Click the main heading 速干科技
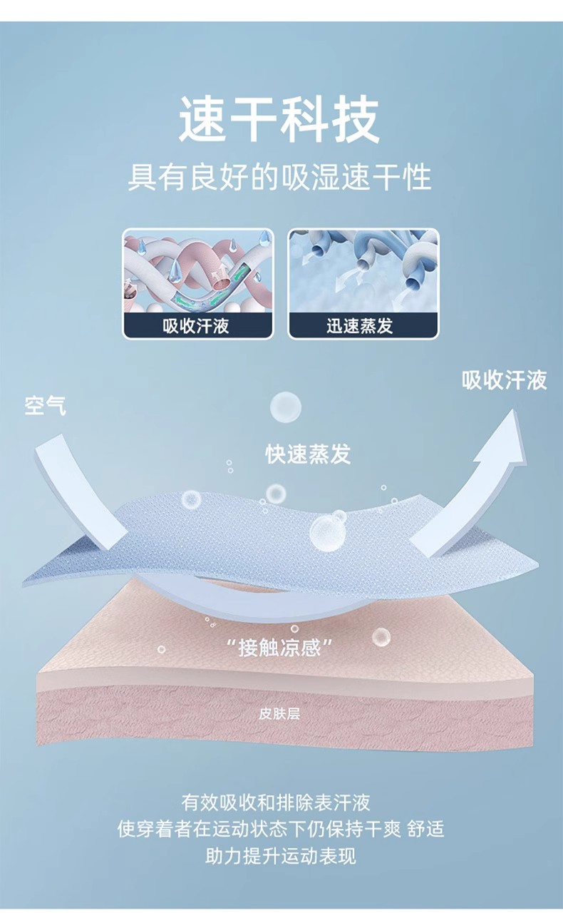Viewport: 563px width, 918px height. click(279, 121)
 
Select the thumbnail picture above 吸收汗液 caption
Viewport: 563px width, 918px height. click(198, 270)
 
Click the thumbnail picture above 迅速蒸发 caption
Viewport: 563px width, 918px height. click(363, 270)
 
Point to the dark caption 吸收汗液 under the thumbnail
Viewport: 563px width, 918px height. click(197, 327)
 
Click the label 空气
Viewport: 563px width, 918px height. click(45, 405)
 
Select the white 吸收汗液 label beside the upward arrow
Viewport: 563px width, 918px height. click(505, 380)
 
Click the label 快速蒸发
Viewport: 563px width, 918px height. click(309, 454)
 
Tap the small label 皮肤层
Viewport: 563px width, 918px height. click(279, 714)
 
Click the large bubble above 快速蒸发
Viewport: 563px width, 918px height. click(285, 407)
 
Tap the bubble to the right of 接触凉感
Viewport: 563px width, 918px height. click(381, 636)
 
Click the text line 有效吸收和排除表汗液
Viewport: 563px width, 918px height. click(276, 802)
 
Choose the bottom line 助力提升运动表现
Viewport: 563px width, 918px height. click(281, 855)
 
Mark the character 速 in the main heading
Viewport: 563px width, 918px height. click(203, 121)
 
